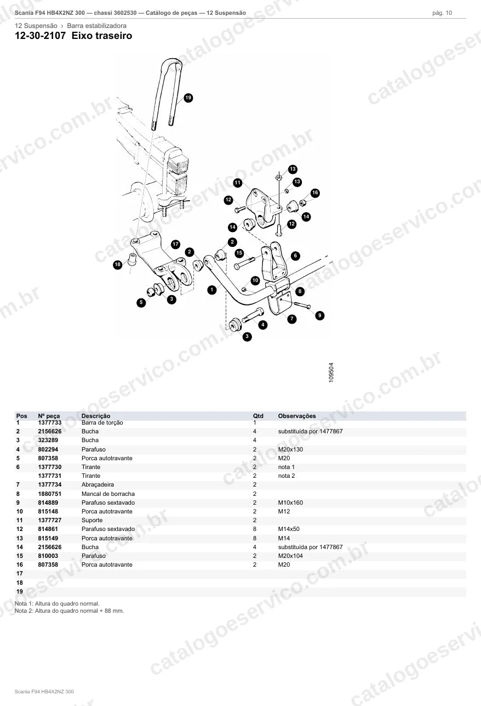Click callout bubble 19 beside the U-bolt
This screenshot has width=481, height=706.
[x=188, y=98]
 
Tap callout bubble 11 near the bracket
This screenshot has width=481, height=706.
[x=238, y=183]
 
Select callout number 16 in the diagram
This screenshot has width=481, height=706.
[x=315, y=193]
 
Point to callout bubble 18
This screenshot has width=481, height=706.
[x=118, y=264]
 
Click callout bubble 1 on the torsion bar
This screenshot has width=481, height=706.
[x=212, y=290]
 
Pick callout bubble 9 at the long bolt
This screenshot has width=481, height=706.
[x=320, y=315]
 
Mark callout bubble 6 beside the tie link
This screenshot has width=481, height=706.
[x=295, y=256]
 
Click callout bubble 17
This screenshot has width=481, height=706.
[x=176, y=244]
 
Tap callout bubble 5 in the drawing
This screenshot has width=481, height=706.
[x=141, y=303]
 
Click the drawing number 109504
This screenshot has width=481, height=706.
[x=331, y=372]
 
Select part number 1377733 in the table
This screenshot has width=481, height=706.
[x=50, y=422]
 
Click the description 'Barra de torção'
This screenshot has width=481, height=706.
[x=102, y=422]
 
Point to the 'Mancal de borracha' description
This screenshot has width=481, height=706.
[x=108, y=494]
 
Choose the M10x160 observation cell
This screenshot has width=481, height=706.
[x=290, y=502]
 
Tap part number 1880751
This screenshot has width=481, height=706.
[x=50, y=494]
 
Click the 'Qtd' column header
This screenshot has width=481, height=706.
[x=258, y=416]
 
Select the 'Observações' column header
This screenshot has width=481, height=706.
[x=297, y=416]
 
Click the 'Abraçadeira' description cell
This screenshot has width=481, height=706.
[x=98, y=485]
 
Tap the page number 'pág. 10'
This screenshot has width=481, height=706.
[x=442, y=13]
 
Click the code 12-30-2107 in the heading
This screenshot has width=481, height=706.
[x=41, y=36]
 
